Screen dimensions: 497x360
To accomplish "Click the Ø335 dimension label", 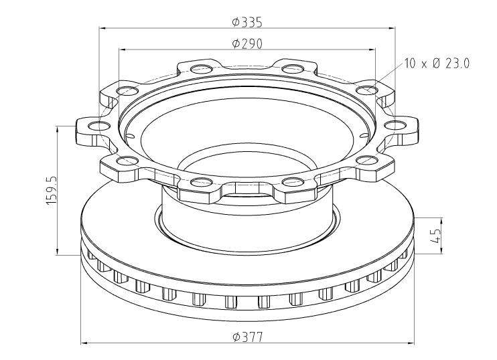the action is pyautogui.click(x=247, y=22).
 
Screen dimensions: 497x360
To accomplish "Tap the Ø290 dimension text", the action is pyautogui.click(x=247, y=43).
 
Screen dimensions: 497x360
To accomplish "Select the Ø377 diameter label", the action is pyautogui.click(x=248, y=337).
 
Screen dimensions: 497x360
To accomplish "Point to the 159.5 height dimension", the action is pyautogui.click(x=52, y=190).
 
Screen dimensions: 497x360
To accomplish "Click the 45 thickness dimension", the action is pyautogui.click(x=436, y=236).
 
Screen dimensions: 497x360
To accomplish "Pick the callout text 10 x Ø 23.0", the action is pyautogui.click(x=437, y=64).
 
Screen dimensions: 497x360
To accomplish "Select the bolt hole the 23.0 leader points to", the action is pyautogui.click(x=366, y=90).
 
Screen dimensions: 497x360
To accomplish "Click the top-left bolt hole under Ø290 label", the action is pyautogui.click(x=202, y=68).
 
